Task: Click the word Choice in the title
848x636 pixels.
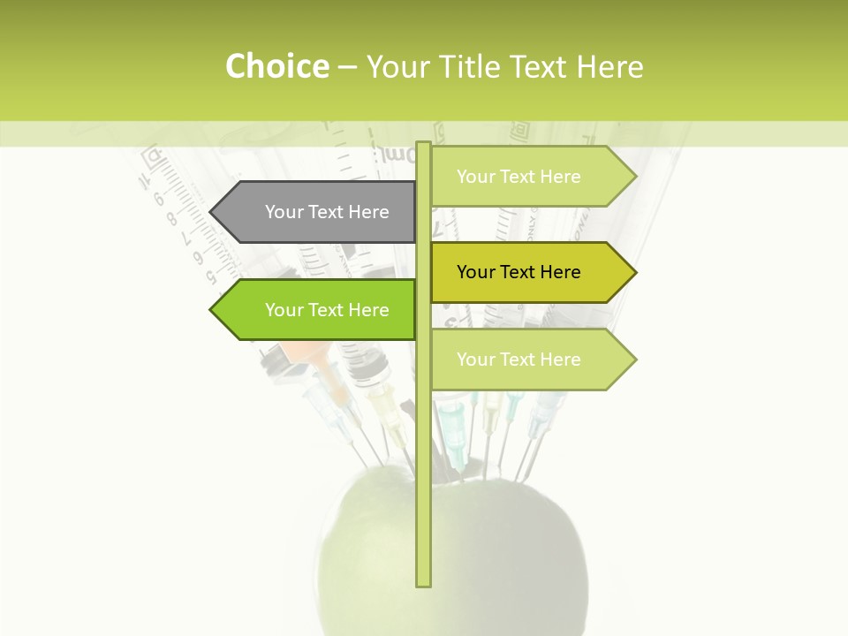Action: pyautogui.click(x=276, y=67)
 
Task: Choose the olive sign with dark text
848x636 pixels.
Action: pyautogui.click(x=530, y=272)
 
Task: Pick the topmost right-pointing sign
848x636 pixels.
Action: pyautogui.click(x=530, y=177)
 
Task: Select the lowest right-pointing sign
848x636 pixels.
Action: pyautogui.click(x=530, y=360)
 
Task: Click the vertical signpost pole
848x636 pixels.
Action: pyautogui.click(x=423, y=442)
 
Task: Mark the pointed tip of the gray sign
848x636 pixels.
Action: pyautogui.click(x=212, y=212)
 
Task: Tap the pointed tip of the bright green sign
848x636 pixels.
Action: pyautogui.click(x=212, y=310)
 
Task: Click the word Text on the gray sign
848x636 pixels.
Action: pyautogui.click(x=326, y=212)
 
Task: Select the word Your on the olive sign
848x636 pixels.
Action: pyautogui.click(x=475, y=272)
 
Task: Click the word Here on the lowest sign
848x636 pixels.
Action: pyautogui.click(x=560, y=360)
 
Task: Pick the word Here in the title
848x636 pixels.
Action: pyautogui.click(x=610, y=67)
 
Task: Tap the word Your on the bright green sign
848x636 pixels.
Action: pyautogui.click(x=284, y=310)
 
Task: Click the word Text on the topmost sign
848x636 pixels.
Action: pyautogui.click(x=518, y=177)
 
